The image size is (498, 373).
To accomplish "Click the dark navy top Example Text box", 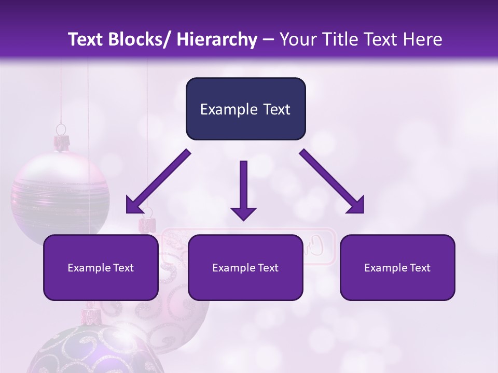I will point(245,109).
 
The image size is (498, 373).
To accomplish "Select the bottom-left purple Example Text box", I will point(101,267).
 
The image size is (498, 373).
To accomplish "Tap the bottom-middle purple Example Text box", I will point(245,267).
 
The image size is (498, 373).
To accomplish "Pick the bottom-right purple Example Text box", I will point(397,267).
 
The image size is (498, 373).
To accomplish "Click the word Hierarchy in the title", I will point(217,40).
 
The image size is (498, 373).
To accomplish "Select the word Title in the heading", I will point(335,40).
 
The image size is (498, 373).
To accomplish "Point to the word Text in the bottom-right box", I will point(419,268).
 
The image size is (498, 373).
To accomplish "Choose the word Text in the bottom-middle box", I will point(267,268).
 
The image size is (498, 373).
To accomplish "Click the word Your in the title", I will point(297,40).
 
